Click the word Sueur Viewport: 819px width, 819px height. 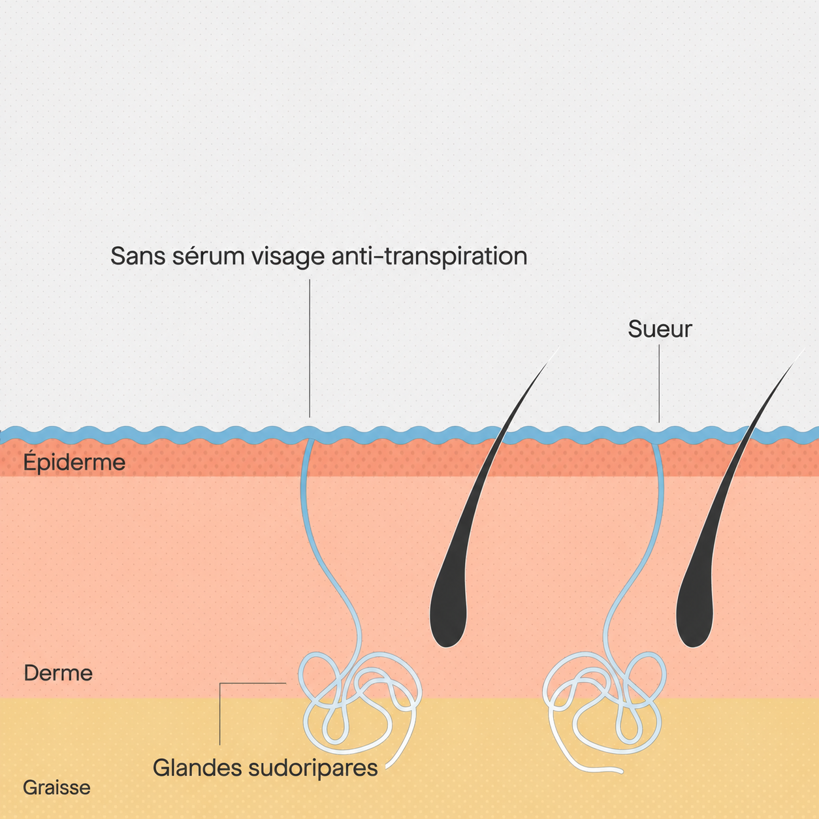660,329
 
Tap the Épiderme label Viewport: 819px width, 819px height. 74,462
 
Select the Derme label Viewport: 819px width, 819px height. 58,673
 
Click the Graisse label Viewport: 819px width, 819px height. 57,788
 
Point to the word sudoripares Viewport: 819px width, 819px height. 313,769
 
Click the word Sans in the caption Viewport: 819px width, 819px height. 138,256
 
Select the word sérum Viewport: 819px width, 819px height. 209,256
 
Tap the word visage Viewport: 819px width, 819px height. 289,258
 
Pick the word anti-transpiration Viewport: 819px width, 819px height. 430,257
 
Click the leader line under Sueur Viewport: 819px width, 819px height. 659,383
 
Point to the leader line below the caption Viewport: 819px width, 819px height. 310,348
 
